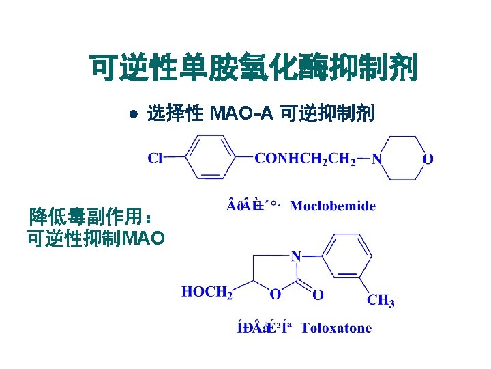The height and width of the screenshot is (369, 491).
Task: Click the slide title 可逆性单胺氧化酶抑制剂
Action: click(253, 68)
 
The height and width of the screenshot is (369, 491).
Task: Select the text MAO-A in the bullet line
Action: click(241, 113)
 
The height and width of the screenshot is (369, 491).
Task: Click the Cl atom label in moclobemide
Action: click(155, 159)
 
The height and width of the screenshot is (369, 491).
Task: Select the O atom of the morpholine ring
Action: click(428, 159)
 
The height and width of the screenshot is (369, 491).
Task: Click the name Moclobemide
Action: click(333, 206)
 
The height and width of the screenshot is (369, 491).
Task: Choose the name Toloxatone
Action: click(336, 328)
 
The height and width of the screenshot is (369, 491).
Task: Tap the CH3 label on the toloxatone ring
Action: click(381, 300)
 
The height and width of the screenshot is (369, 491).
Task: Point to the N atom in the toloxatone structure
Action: click(295, 256)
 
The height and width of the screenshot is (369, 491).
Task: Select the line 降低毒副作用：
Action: click(89, 219)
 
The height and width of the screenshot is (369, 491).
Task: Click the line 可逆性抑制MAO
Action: click(95, 238)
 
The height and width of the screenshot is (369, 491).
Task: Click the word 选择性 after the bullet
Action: click(175, 113)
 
